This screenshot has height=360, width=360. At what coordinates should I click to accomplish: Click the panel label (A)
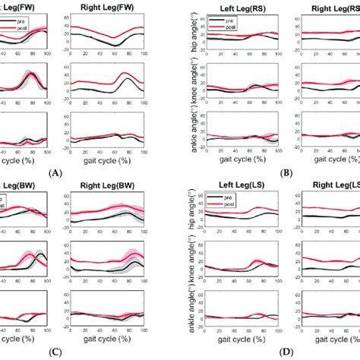pyautogui.click(x=54, y=173)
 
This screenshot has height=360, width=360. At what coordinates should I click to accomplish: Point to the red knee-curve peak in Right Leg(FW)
pyautogui.click(x=123, y=74)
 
